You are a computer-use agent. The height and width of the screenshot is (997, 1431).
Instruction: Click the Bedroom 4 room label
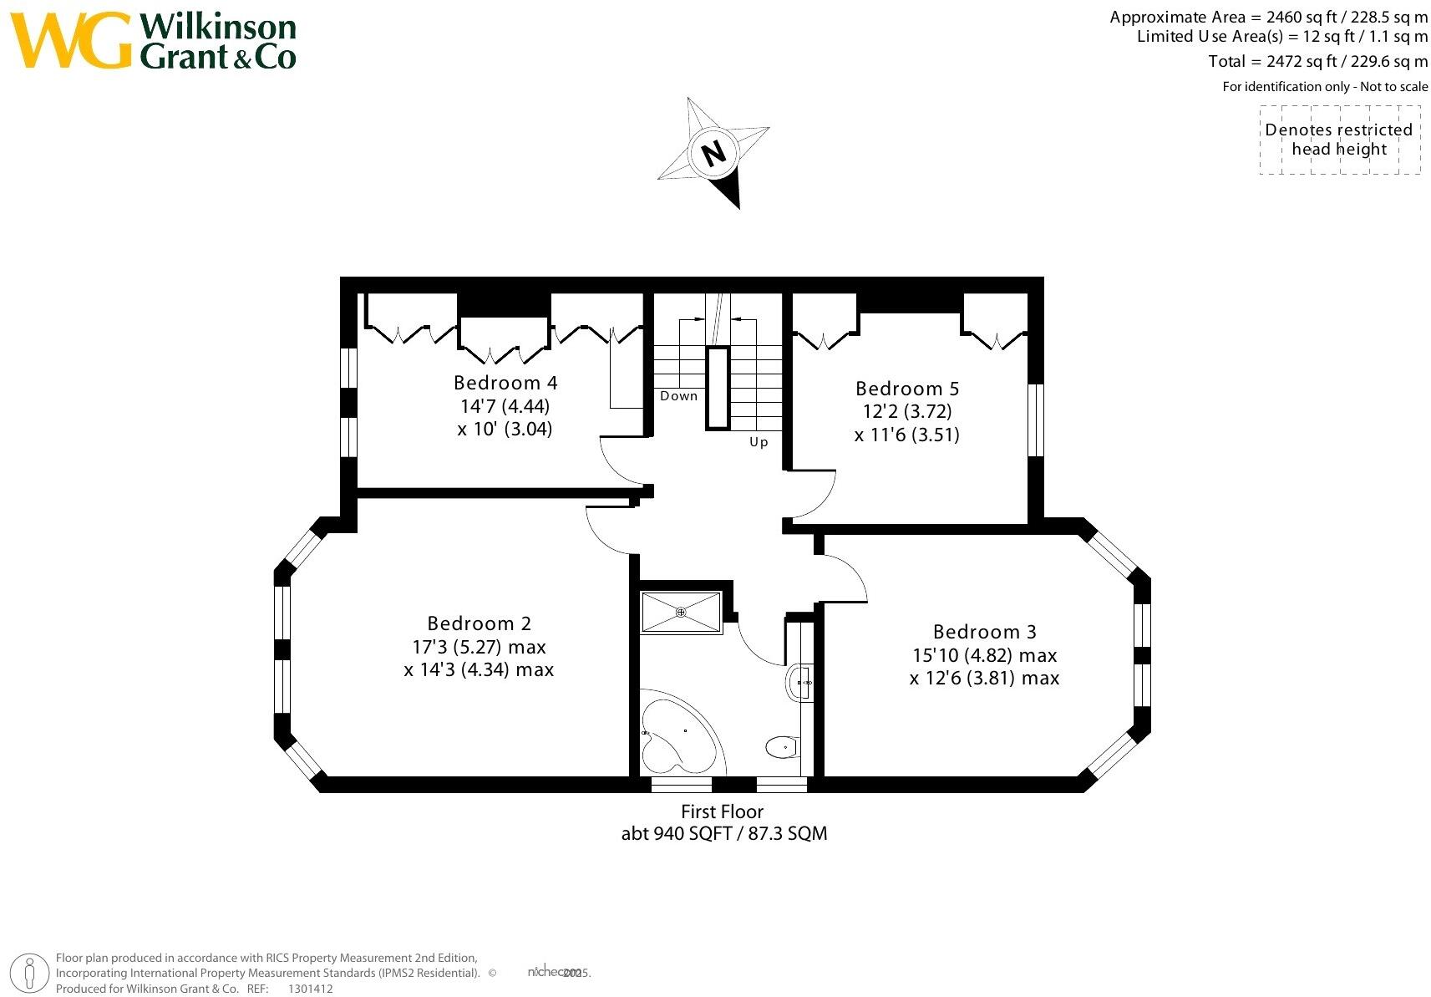point(505,383)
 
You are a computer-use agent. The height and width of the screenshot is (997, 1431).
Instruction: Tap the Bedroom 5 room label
point(907,389)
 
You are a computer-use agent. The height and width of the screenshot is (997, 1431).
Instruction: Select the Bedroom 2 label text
point(479,623)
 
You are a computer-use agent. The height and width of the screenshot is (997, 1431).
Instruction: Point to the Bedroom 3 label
point(985,632)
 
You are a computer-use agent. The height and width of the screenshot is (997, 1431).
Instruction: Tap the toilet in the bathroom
point(782,746)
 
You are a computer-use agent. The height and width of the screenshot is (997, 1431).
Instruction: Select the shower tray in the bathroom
point(681,613)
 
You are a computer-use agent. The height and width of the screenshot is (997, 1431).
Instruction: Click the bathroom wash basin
point(799,683)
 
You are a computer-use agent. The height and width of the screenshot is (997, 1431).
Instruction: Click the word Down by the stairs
point(678,396)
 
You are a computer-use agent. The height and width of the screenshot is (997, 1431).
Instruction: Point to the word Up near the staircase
point(759,442)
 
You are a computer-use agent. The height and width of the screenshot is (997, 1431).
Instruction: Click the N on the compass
point(713,154)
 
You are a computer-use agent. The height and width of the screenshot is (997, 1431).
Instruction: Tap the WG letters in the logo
point(71,41)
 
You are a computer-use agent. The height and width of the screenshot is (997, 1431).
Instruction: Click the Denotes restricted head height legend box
point(1339,140)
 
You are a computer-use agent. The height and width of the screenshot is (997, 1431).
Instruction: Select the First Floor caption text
point(723,811)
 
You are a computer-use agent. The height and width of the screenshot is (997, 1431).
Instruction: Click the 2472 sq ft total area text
point(1317,61)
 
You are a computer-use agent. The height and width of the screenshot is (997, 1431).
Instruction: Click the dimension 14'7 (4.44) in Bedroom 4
point(505,406)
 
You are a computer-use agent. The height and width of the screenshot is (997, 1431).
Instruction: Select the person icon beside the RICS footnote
point(31,973)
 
